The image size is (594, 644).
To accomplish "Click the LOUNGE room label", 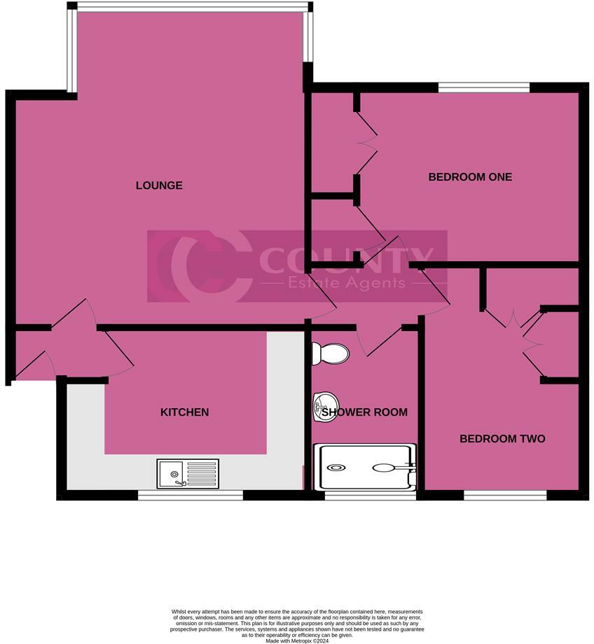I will coord(159,185).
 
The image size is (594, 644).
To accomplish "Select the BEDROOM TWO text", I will coord(502,439).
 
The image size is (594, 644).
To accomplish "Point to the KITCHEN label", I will coord(185,412).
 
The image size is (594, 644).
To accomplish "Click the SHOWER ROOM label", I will coord(364,412).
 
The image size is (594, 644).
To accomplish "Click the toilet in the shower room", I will coord(330,353).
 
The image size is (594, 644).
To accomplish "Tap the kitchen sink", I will coord(188,473).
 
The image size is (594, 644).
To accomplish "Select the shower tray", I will coord(368,468).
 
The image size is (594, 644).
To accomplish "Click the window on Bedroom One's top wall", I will coord(484,87).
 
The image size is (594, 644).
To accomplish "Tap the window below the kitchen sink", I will coord(190,495).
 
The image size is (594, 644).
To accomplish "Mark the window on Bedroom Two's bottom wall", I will coord(504,495).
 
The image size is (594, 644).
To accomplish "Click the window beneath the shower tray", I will coord(371,495).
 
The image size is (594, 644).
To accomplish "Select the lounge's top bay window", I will coord(191,7).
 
